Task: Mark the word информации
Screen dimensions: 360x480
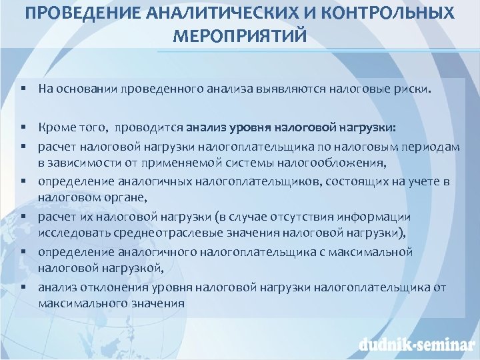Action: pos(374,217)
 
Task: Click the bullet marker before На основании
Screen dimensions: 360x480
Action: pos(23,88)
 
